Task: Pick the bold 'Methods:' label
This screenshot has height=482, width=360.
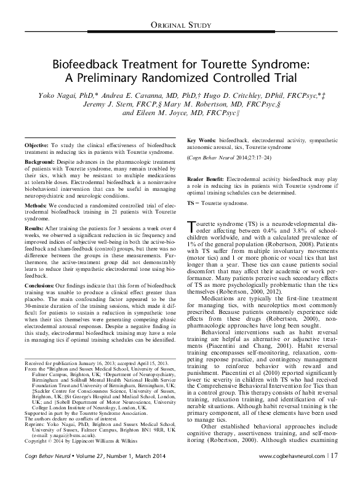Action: point(38,203)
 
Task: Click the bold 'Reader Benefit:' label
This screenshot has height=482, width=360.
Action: point(209,179)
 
